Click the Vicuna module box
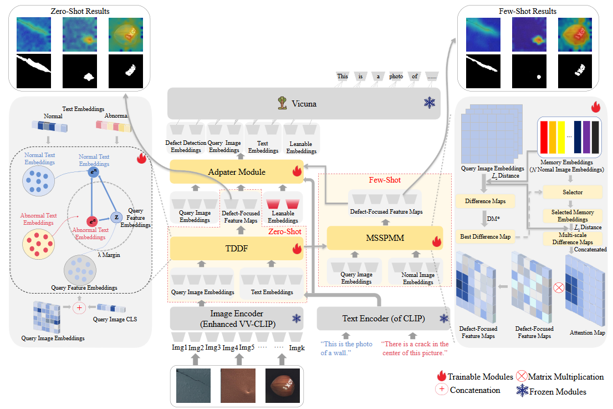click(304, 103)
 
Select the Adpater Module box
click(237, 172)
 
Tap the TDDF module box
click(237, 249)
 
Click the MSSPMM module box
click(385, 238)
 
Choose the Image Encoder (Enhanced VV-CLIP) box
click(237, 318)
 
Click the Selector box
click(573, 192)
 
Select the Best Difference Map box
click(484, 236)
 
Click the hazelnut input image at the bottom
click(283, 385)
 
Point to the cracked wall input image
click(195, 385)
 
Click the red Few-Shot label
click(385, 180)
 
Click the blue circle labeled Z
click(116, 216)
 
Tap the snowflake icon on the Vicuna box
click(429, 103)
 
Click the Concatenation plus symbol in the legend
click(442, 390)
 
